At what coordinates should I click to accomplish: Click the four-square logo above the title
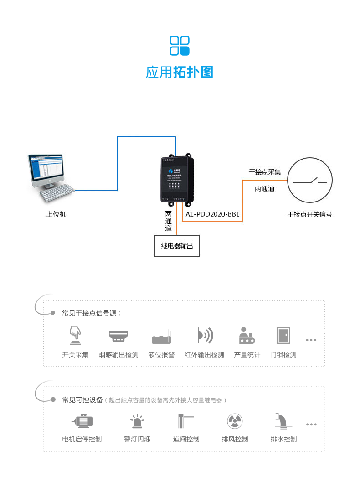point(180,46)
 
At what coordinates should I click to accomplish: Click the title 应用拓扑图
point(180,72)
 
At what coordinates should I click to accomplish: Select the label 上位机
point(56,214)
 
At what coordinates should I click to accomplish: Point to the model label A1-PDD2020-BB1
point(213,214)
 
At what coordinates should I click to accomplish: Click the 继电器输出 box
point(177,246)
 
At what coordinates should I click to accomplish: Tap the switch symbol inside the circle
point(310,181)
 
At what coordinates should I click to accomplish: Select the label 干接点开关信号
point(310,214)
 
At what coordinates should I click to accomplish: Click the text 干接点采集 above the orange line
point(264,172)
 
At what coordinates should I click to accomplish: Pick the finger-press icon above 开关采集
point(75,336)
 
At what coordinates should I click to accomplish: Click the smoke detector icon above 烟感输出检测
point(118,336)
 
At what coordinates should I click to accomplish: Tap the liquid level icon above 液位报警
point(161,337)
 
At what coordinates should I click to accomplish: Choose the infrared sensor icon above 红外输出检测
point(205,336)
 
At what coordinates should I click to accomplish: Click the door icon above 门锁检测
point(283,336)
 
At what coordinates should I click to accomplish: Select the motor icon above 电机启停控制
point(82,420)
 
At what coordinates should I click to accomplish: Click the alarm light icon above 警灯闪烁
point(137,421)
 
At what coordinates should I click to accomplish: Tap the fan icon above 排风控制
point(235,420)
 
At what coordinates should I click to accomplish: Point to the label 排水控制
point(283,439)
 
